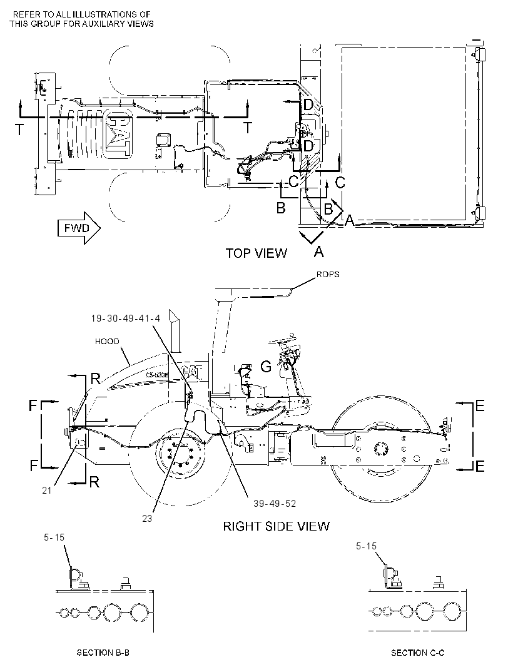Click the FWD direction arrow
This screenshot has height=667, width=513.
[x=79, y=228]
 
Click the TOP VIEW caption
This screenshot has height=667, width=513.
[x=256, y=253]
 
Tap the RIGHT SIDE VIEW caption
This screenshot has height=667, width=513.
[x=276, y=526]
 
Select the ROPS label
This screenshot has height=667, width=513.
[x=328, y=275]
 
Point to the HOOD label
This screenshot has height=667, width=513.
[x=107, y=341]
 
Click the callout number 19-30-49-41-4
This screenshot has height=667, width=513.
[x=126, y=318]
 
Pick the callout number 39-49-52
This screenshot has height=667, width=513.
[x=275, y=504]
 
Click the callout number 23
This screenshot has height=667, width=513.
[x=147, y=519]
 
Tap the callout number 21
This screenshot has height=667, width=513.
[x=47, y=491]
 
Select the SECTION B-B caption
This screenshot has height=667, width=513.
[x=103, y=653]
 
